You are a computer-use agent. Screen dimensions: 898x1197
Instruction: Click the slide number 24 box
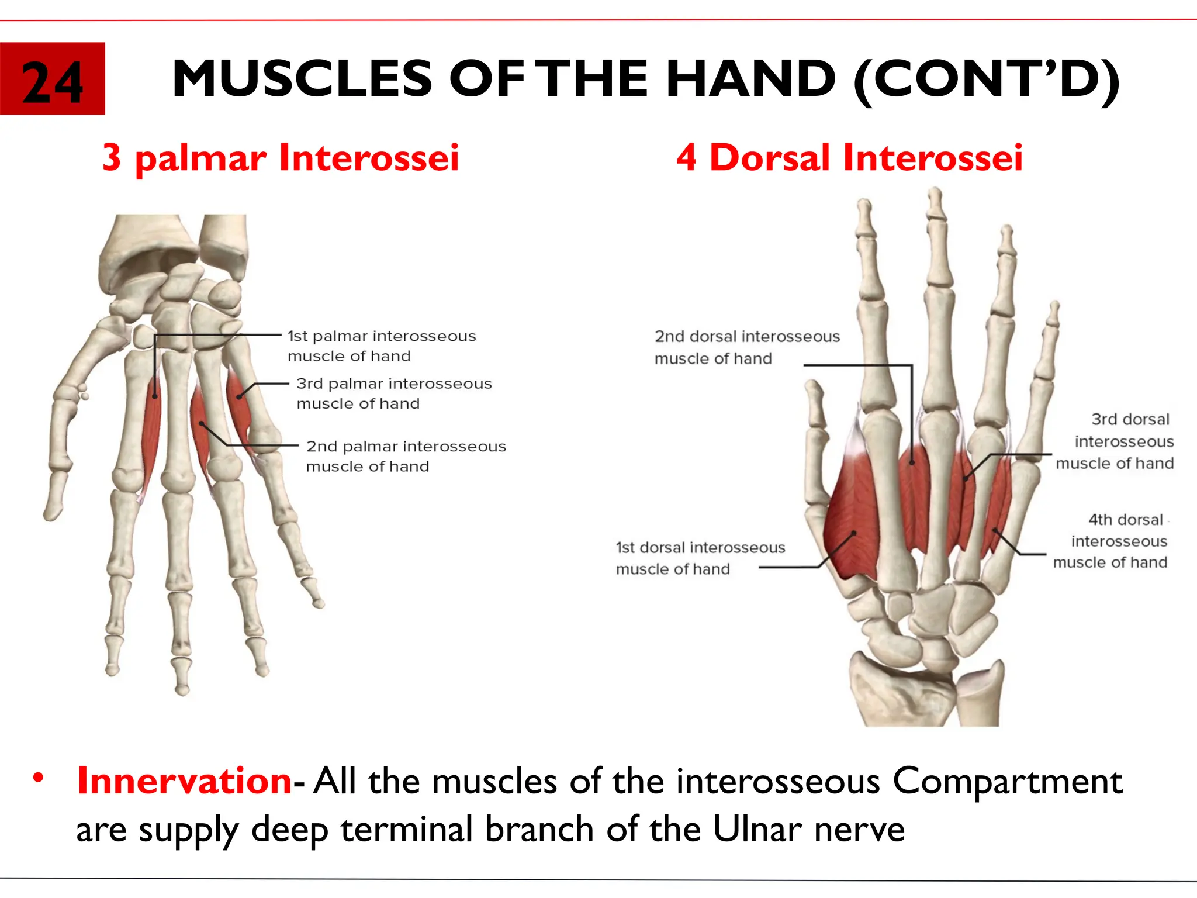(x=52, y=78)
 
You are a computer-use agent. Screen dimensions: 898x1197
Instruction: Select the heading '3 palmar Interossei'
(x=281, y=157)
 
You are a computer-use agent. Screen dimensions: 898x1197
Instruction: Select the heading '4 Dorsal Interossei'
(x=849, y=157)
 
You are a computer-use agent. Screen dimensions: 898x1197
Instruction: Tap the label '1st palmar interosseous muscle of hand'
(x=381, y=346)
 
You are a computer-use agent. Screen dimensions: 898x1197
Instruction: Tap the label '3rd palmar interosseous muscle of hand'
(x=393, y=393)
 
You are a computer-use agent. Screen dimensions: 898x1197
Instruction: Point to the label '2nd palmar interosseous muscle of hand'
(x=406, y=456)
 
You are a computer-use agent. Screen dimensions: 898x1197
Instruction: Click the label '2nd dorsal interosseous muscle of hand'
(x=746, y=347)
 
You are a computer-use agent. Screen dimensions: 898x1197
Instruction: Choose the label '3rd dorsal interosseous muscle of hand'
(x=1115, y=441)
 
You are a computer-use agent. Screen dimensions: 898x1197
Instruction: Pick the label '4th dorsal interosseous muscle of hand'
(x=1110, y=541)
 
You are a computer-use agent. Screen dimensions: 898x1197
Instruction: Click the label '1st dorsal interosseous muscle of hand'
(x=700, y=558)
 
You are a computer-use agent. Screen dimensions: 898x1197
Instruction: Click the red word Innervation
(x=184, y=780)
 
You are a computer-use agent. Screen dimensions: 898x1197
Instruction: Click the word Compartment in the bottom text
(x=1006, y=780)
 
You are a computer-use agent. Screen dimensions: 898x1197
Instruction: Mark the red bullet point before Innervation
(x=39, y=778)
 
